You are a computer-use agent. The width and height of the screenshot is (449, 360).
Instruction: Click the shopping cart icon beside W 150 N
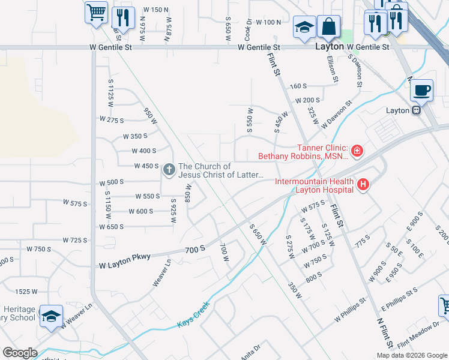(96, 13)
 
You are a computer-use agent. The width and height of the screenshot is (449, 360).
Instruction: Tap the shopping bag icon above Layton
(328, 26)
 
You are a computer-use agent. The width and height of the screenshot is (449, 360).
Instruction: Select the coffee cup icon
(422, 90)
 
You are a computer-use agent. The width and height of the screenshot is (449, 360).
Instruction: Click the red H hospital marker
(363, 185)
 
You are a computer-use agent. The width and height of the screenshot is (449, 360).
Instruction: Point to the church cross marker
(169, 170)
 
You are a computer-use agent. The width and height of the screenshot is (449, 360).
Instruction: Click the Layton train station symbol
(415, 110)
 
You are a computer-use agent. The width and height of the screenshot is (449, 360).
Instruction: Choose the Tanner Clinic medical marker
(357, 151)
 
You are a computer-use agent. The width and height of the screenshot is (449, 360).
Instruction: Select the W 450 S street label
(145, 166)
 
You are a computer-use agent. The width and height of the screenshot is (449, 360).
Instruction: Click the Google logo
(20, 353)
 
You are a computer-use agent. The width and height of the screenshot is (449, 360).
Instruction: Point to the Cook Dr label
(247, 29)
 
